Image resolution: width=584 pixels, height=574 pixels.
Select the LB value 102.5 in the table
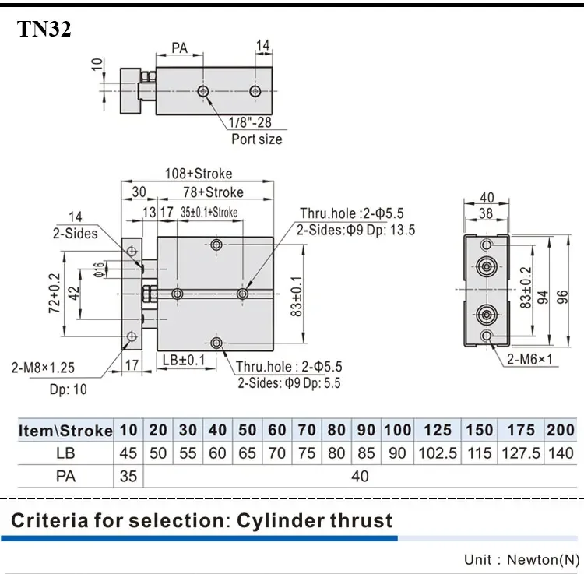coord(437,453)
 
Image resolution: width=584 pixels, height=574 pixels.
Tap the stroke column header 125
coord(437,429)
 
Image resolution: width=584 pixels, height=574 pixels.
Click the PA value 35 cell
coord(128,474)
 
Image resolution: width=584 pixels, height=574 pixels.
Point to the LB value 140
coord(561,453)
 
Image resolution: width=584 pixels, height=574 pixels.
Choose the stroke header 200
coord(561,429)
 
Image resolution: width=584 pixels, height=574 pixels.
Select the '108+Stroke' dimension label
coord(198,174)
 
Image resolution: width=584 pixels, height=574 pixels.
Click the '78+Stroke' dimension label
coord(213,192)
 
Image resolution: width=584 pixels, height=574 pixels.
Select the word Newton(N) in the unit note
coord(544,559)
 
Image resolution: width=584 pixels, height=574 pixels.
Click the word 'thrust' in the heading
coord(353,519)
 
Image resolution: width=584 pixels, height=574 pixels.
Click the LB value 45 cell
coord(128,453)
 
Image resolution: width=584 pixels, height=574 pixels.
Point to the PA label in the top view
coord(179,48)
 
